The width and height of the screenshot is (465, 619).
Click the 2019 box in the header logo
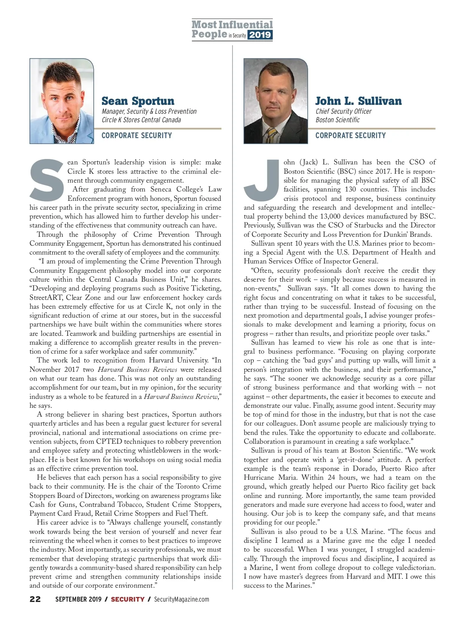(x=260, y=35)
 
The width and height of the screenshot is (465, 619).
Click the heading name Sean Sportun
(x=138, y=101)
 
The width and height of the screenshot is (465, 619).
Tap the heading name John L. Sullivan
(x=358, y=101)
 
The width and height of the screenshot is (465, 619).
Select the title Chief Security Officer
(x=343, y=111)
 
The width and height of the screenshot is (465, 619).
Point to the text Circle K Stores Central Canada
(x=141, y=120)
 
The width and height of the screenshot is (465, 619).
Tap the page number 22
(x=35, y=599)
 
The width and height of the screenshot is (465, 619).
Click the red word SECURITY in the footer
(x=127, y=599)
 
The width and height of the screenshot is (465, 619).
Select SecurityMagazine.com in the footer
(x=181, y=599)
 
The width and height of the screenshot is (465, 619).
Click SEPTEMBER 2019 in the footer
(x=78, y=599)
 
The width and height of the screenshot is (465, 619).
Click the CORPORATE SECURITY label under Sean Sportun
(x=136, y=135)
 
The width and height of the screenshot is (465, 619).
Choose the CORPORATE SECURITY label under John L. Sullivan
(x=350, y=135)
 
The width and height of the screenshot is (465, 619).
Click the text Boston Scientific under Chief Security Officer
(x=338, y=120)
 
